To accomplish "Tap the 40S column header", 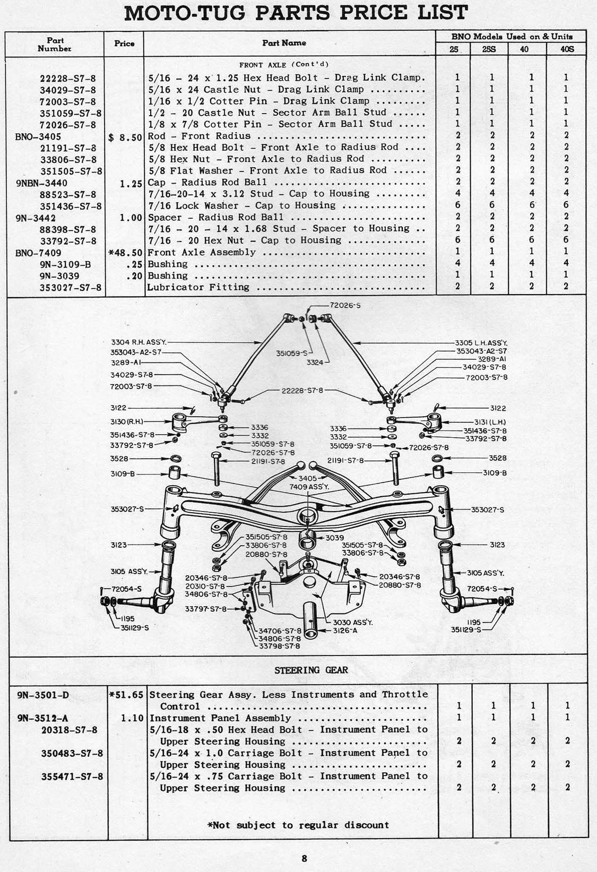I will [x=566, y=49].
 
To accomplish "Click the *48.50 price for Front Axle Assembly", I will [x=125, y=253].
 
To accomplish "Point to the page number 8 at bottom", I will [x=304, y=858].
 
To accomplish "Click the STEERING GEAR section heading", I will [x=311, y=670].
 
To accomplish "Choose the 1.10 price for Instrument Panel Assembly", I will [x=132, y=718].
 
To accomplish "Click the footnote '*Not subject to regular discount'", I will [x=298, y=825].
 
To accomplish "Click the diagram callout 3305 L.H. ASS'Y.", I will [x=481, y=343].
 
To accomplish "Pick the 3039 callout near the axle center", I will [x=334, y=538].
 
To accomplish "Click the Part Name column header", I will [x=284, y=43].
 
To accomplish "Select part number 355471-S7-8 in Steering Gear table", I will [x=72, y=776].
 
